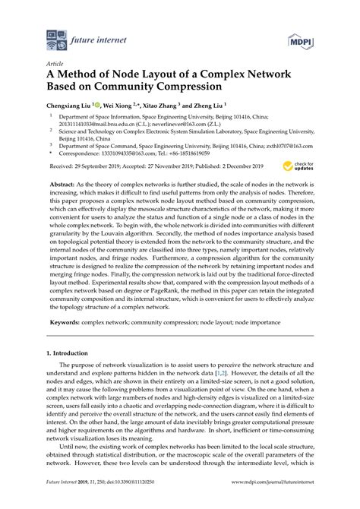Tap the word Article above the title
point(55,65)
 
